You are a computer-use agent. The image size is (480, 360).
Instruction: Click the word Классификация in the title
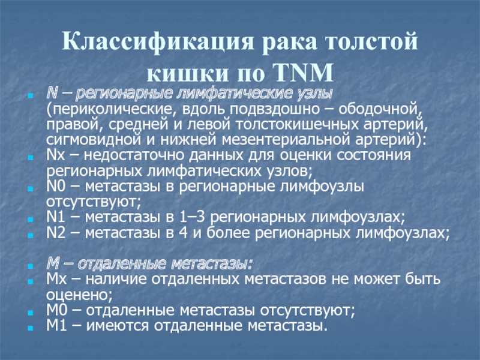coord(158,41)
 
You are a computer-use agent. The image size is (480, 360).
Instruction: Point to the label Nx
coord(56,155)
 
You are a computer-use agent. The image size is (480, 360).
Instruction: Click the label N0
coord(56,187)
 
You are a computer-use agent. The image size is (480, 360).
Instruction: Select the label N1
coord(56,217)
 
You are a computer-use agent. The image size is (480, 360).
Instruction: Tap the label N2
coord(56,233)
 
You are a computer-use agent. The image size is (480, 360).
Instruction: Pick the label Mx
coord(56,279)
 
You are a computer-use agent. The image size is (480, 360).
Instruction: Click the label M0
coord(56,310)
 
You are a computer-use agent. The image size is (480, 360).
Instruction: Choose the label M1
coord(56,325)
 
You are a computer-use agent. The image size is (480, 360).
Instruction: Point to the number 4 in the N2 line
coord(183,233)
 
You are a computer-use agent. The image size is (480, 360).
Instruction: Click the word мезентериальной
coord(286,140)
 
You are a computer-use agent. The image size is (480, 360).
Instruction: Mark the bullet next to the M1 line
coord(30,328)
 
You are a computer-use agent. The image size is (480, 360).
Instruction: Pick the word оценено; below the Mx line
coord(79,295)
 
